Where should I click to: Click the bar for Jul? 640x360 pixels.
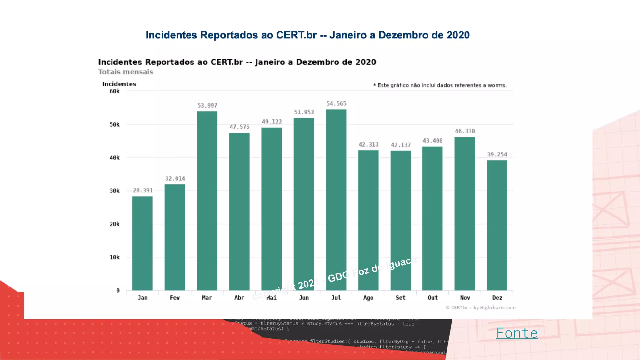click(x=336, y=200)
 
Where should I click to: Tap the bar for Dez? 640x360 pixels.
click(x=497, y=225)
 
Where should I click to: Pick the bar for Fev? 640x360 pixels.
click(x=175, y=237)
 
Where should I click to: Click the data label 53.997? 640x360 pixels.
click(x=207, y=106)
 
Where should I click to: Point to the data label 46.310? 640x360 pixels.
click(x=465, y=131)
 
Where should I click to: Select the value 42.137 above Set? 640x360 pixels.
click(x=401, y=145)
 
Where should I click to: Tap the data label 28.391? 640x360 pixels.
click(x=143, y=191)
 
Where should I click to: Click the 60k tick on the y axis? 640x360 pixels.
click(x=114, y=91)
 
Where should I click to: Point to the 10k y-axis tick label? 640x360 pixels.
click(x=114, y=257)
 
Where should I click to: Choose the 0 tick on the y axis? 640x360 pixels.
click(x=118, y=291)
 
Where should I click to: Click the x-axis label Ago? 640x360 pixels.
click(x=368, y=298)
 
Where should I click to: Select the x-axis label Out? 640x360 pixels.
click(x=432, y=298)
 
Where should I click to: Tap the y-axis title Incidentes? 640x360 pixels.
click(x=119, y=84)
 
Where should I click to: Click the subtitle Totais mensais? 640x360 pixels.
click(x=126, y=72)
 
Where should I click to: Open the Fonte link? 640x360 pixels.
click(x=517, y=333)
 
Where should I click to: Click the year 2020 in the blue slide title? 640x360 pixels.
click(x=458, y=35)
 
